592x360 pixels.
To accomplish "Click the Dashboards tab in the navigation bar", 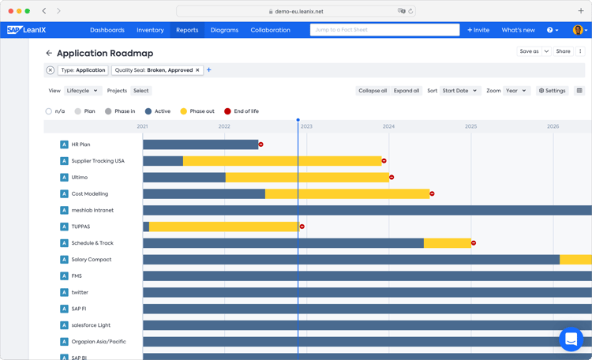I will click(x=107, y=30).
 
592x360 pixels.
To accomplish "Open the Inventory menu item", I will click(x=150, y=30).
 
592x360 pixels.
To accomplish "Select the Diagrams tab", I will click(x=224, y=30).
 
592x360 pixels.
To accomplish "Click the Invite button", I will click(x=478, y=30).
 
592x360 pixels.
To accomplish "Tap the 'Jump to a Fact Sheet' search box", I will click(x=384, y=30).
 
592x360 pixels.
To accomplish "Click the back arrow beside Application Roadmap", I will click(x=49, y=54).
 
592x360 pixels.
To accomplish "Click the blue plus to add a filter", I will click(x=209, y=70).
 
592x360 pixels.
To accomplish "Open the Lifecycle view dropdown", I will click(x=82, y=91).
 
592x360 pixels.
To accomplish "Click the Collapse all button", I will click(x=373, y=91).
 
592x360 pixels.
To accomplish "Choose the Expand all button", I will click(x=407, y=91).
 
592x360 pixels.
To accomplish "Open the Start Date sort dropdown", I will click(x=460, y=91).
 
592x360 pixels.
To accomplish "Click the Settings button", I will click(x=553, y=91).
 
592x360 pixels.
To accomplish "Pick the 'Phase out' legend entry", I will click(x=197, y=111).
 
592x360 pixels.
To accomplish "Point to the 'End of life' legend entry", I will click(x=241, y=111).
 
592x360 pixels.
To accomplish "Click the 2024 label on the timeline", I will click(x=388, y=126).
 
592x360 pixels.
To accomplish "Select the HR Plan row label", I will click(x=81, y=144).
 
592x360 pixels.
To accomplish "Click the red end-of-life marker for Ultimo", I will click(x=392, y=178).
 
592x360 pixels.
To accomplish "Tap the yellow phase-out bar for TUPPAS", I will click(x=224, y=227).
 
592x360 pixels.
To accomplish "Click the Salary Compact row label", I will click(x=91, y=260).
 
